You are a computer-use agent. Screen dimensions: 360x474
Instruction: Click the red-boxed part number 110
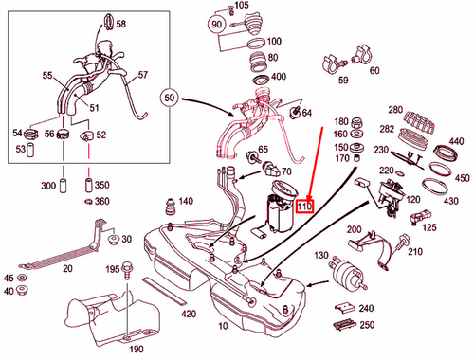click(x=304, y=205)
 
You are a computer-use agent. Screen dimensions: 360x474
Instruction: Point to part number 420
click(x=189, y=314)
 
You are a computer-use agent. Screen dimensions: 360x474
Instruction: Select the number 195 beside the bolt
click(x=111, y=270)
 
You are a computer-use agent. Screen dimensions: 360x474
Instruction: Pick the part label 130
click(x=321, y=255)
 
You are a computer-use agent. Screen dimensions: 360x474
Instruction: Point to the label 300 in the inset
click(x=46, y=188)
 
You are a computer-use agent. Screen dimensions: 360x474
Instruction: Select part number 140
click(x=185, y=201)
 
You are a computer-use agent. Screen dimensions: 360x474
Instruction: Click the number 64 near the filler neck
click(x=306, y=115)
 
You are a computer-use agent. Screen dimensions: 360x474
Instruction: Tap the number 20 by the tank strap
click(x=67, y=268)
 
